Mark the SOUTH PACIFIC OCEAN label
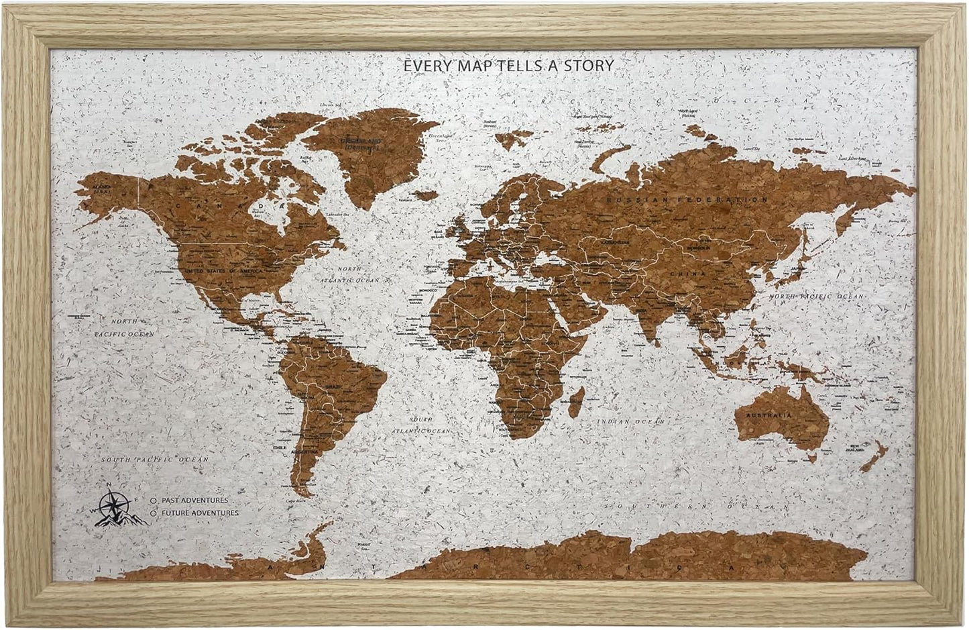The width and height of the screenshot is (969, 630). pyautogui.click(x=154, y=460)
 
